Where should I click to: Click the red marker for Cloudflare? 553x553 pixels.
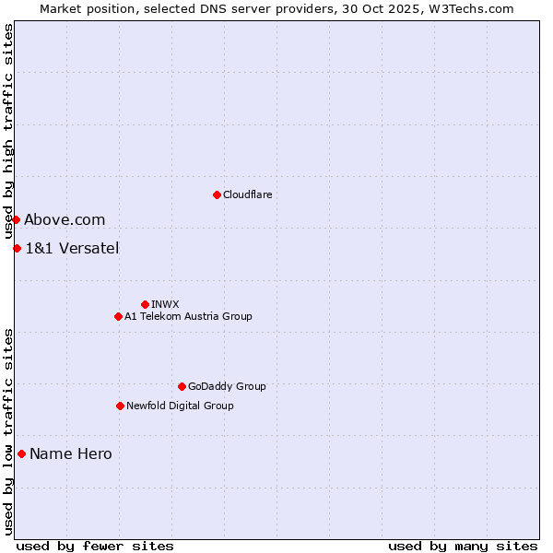[x=217, y=194]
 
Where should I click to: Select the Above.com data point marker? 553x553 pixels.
[x=16, y=219]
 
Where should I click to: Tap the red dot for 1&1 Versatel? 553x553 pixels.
[x=17, y=248]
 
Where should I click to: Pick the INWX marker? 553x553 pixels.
[x=145, y=304]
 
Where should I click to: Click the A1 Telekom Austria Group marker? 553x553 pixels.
[x=118, y=316]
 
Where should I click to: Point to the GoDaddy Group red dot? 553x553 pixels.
[x=182, y=386]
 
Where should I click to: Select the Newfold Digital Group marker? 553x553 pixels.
[x=120, y=406]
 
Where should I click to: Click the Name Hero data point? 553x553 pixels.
[x=21, y=453]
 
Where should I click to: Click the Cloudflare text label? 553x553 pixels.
[x=247, y=194]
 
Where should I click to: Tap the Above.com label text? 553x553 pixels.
[x=65, y=219]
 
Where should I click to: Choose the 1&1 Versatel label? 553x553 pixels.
[x=72, y=248]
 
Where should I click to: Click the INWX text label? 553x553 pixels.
[x=165, y=304]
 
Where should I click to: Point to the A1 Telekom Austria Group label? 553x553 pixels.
[x=188, y=316]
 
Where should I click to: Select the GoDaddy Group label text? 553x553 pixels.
[x=227, y=386]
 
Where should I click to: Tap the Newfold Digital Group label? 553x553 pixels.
[x=180, y=406]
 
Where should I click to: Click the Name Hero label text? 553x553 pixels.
[x=71, y=453]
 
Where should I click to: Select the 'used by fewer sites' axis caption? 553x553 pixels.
[x=95, y=546]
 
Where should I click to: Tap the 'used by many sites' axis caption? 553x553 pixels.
[x=463, y=546]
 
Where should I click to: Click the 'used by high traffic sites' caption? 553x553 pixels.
[x=8, y=132]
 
